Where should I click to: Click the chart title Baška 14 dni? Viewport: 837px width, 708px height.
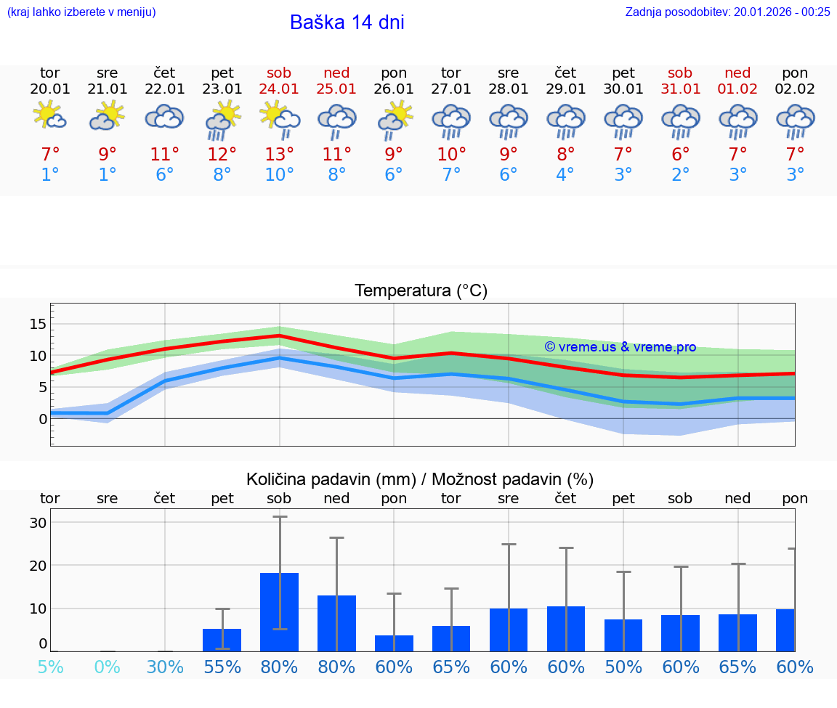(347, 23)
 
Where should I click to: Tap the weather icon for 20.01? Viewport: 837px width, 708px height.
(49, 116)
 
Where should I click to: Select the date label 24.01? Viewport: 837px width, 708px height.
(279, 89)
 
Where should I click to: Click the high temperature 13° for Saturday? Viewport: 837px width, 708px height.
(279, 154)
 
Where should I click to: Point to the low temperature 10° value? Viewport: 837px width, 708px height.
(279, 175)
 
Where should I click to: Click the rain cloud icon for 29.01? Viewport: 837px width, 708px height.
(565, 121)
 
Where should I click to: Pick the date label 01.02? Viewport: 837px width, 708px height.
(737, 89)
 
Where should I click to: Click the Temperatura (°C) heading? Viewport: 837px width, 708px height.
(421, 291)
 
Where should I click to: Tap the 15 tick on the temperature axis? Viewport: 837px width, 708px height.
(38, 324)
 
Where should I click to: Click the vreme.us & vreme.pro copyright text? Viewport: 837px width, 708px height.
(620, 347)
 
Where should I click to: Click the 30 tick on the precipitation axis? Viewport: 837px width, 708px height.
(38, 523)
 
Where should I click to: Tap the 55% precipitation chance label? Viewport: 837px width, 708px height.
(222, 667)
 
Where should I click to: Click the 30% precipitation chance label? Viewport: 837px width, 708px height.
(165, 667)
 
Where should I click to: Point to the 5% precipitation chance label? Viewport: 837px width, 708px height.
(49, 667)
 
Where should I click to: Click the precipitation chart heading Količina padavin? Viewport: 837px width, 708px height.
(420, 479)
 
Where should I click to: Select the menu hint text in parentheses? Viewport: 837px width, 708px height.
(81, 12)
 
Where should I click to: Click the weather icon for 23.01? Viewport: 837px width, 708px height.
(222, 121)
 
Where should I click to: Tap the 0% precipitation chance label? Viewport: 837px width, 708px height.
(108, 667)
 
